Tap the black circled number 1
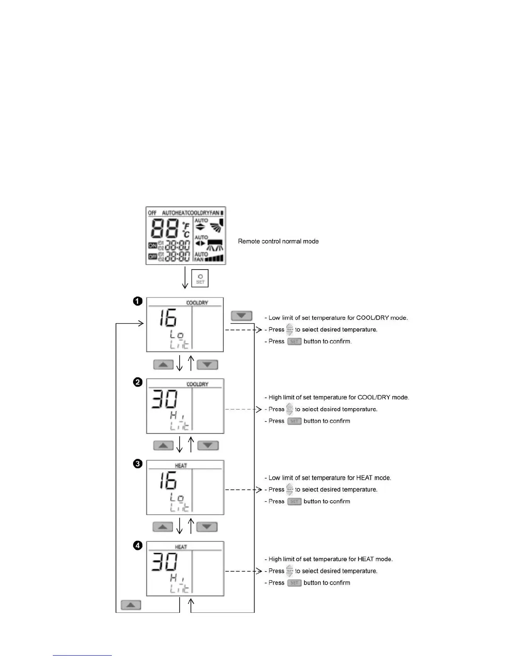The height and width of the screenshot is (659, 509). (138, 301)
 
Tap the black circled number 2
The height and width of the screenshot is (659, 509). (138, 382)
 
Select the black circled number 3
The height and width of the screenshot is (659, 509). (138, 464)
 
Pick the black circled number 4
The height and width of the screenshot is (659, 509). (138, 545)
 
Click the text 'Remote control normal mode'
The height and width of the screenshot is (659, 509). (278, 241)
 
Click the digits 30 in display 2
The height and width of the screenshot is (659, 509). (164, 399)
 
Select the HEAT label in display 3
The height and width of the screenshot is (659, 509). (181, 466)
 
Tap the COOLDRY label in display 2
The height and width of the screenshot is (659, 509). (197, 384)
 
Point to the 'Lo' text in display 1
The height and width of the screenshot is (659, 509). (177, 334)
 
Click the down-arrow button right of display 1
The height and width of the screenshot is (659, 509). (242, 316)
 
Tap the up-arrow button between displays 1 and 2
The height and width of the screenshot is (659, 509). (163, 365)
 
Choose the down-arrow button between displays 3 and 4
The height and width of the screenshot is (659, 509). (207, 527)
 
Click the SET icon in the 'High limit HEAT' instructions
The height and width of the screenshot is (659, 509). (294, 583)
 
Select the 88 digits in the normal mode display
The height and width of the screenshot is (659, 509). (165, 228)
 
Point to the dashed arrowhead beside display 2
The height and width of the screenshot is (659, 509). (259, 409)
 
